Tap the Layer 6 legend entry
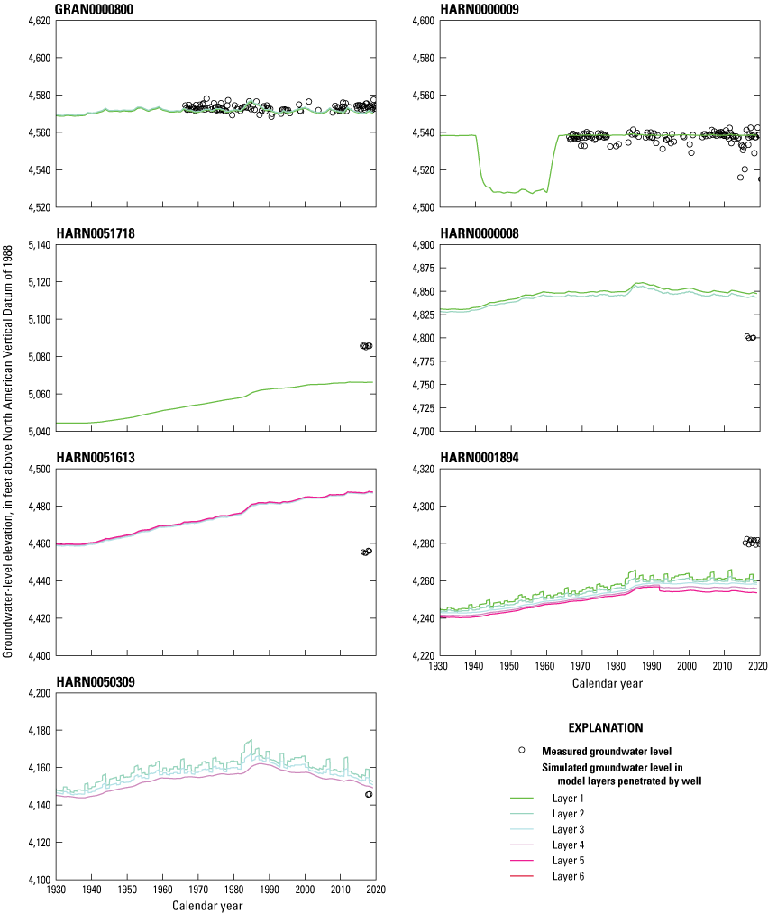coord(568,875)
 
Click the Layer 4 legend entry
coord(568,845)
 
